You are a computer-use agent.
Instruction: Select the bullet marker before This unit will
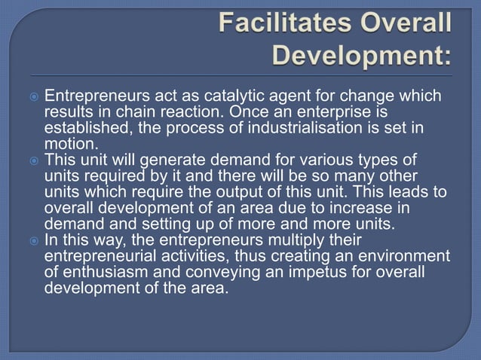[x=34, y=159]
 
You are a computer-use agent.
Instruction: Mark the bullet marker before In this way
[x=34, y=241]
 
